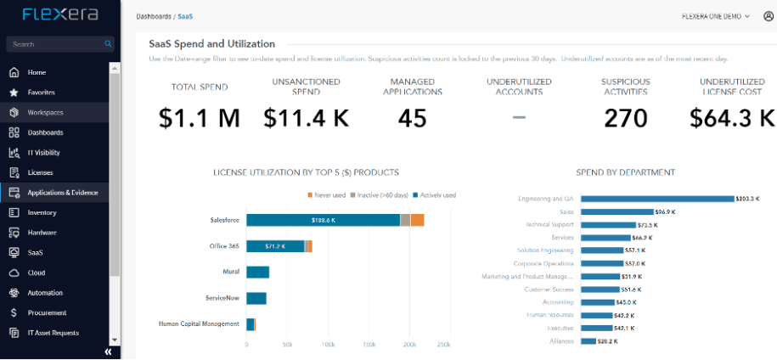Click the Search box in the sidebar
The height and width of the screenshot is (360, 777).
click(55, 44)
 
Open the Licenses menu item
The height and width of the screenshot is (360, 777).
click(40, 172)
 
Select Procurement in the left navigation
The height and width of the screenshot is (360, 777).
click(47, 312)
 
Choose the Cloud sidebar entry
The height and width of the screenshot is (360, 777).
click(37, 273)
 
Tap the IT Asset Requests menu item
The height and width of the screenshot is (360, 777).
click(53, 333)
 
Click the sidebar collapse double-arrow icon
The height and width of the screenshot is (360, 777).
click(108, 352)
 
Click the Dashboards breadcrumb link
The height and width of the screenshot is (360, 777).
click(153, 16)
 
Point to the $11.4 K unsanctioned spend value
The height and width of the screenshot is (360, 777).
click(306, 119)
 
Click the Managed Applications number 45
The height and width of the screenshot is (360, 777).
click(412, 119)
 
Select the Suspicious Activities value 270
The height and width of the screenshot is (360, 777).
click(625, 119)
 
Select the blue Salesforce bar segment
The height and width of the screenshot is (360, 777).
click(323, 220)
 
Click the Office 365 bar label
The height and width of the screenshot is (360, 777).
click(224, 246)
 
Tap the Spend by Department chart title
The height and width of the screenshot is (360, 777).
click(625, 172)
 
